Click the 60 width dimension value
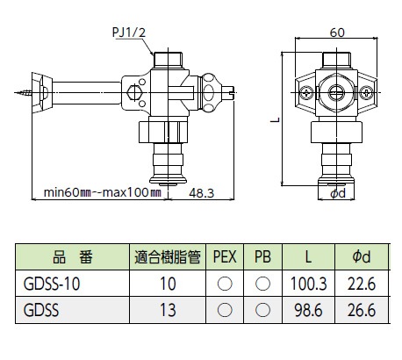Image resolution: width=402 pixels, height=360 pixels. tap(336, 32)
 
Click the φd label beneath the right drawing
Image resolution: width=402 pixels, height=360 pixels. tap(340, 192)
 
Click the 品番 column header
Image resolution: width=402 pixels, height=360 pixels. tap(67, 257)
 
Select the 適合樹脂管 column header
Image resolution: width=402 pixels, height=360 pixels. tap(169, 257)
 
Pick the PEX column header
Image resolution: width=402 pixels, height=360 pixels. tap(226, 257)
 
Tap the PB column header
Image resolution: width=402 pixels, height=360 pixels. tap(262, 257)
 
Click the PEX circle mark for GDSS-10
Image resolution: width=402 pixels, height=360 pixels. tap(226, 284)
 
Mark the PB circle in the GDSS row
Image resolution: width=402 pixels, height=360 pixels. tap(262, 310)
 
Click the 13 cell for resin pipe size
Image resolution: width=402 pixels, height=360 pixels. tap(169, 310)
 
